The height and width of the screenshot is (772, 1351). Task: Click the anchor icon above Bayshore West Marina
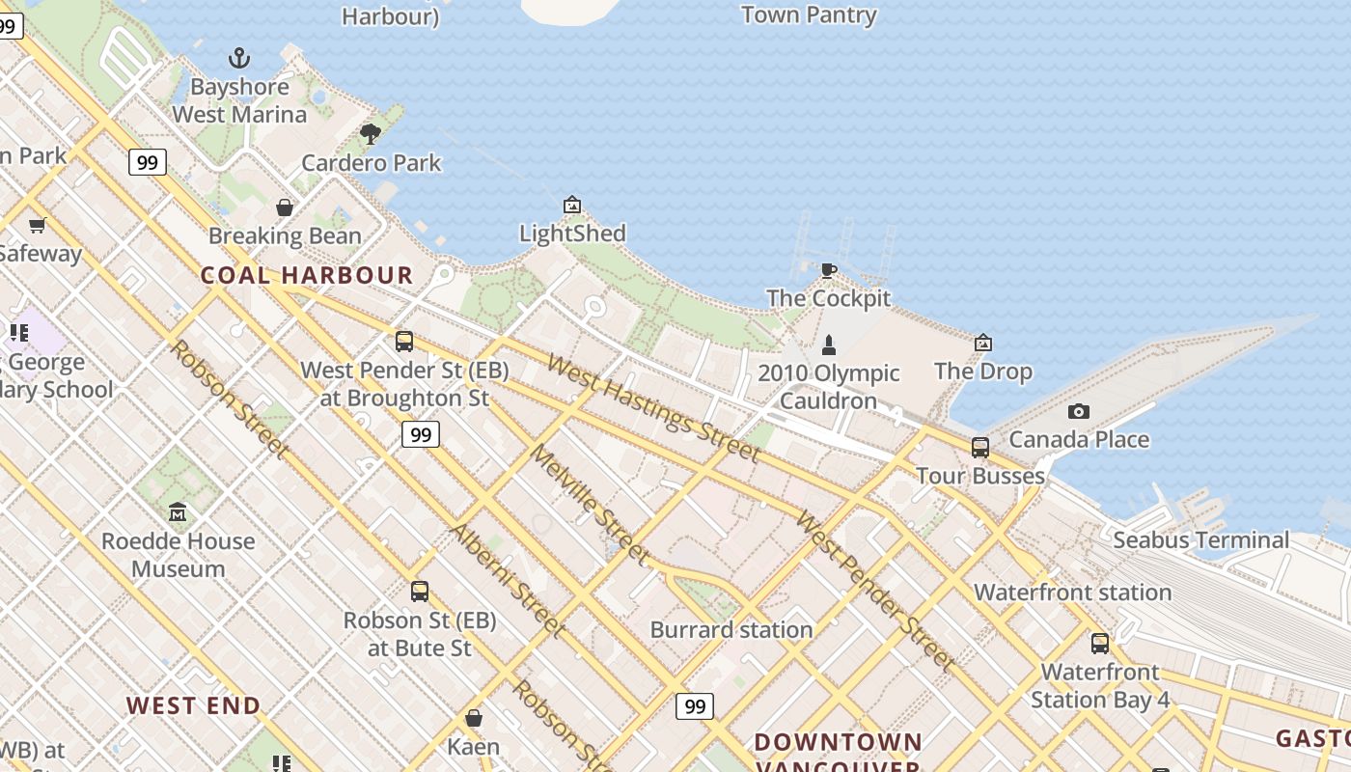tap(238, 58)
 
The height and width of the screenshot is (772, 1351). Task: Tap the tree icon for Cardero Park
tap(371, 134)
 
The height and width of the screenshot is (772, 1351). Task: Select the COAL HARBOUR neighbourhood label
tap(307, 275)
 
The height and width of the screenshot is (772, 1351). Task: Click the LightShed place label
tap(572, 234)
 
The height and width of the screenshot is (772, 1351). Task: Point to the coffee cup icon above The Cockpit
tap(828, 270)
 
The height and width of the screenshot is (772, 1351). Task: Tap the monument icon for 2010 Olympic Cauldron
tap(828, 345)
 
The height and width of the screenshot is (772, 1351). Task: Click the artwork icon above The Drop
tap(982, 343)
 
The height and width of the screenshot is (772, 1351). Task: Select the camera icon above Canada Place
tap(1079, 411)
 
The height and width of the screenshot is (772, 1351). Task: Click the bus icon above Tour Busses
tap(980, 448)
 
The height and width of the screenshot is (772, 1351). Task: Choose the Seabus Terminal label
tap(1200, 540)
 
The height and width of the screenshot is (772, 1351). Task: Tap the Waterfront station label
tap(1072, 593)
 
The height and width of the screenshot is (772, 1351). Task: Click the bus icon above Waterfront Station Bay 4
tap(1100, 644)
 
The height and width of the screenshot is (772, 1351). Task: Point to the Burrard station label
tap(731, 630)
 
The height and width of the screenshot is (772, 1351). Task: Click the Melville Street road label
tap(589, 504)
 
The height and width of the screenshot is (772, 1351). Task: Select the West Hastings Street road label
tap(653, 407)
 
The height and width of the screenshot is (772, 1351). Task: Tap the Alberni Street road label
tap(507, 581)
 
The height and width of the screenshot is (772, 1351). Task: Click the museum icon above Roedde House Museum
tap(178, 512)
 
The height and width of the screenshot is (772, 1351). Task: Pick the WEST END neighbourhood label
tap(193, 706)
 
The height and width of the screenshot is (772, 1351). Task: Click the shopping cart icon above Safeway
tap(38, 226)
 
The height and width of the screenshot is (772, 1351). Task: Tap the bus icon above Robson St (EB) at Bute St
tap(420, 592)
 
